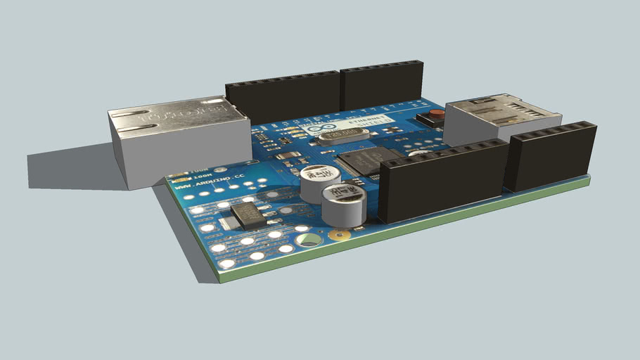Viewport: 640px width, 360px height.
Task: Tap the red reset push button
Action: [x=436, y=114]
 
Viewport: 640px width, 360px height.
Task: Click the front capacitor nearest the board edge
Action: [x=344, y=205]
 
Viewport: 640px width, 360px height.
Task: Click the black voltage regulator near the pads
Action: [x=248, y=215]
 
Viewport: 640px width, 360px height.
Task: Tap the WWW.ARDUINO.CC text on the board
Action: [x=198, y=185]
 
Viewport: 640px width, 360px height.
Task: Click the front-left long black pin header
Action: [x=443, y=180]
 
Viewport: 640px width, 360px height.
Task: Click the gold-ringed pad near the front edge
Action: [x=340, y=235]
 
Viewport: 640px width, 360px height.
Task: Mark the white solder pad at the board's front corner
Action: [x=226, y=264]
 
